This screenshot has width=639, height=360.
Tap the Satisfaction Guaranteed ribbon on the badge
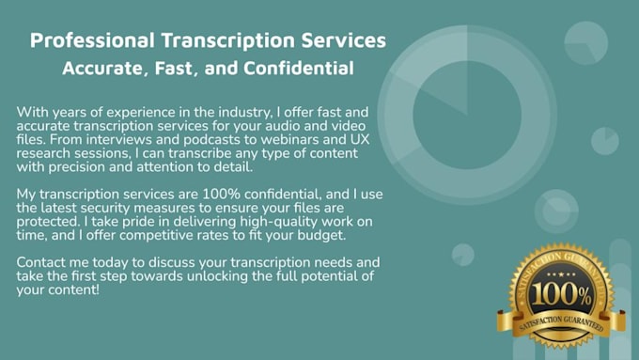553,317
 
